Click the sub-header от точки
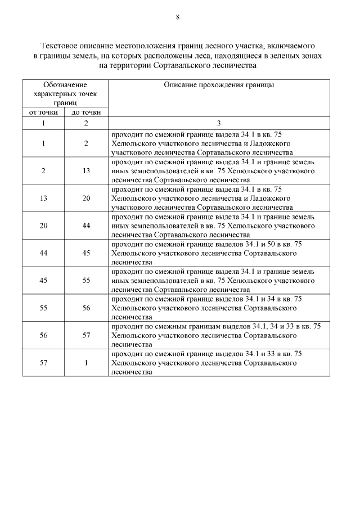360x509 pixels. point(43,112)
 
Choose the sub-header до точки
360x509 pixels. point(86,112)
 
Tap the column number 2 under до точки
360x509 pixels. point(86,123)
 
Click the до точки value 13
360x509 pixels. point(86,170)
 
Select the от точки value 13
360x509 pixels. point(43,198)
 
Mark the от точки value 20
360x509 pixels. point(43,226)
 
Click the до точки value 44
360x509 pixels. point(86,226)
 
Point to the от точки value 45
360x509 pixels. point(43,280)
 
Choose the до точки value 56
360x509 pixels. point(86,308)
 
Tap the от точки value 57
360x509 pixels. point(43,363)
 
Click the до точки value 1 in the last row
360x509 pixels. point(86,363)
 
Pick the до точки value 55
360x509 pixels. point(86,280)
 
